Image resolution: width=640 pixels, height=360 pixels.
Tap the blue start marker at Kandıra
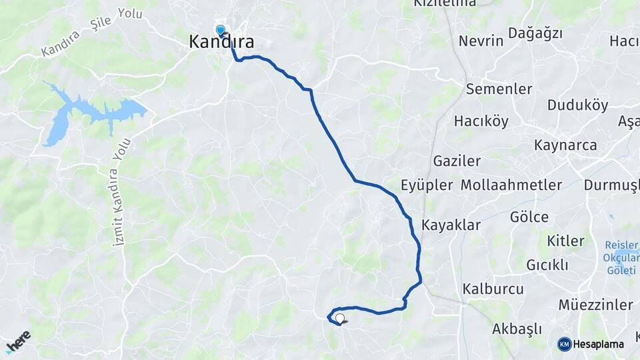[x=221, y=29]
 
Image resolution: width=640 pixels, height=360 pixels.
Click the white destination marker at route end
[x=340, y=319]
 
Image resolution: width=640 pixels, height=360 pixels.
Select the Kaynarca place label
[x=565, y=145]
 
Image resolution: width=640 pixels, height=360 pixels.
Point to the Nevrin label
[x=481, y=41]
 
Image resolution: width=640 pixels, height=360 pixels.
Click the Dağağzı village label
[x=535, y=33]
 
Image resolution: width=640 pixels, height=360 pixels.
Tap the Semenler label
[x=499, y=89]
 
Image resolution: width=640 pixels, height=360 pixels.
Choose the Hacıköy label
[x=481, y=121]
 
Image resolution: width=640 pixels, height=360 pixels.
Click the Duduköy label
[x=577, y=105]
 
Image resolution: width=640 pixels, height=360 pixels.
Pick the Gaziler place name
[x=457, y=161]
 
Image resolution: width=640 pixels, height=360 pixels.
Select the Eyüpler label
[x=427, y=185]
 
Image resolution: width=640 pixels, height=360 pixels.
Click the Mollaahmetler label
[x=511, y=185]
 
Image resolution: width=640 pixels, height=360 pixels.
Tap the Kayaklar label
[x=451, y=225]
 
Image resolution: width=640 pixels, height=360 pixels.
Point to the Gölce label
[x=529, y=217]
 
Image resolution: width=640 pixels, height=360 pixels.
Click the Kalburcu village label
[x=493, y=289]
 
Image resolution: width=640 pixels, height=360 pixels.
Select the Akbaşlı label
[x=517, y=329]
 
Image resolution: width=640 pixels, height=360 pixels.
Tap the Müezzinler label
[x=595, y=305]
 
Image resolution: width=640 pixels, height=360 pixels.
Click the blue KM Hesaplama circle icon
[x=565, y=344]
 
